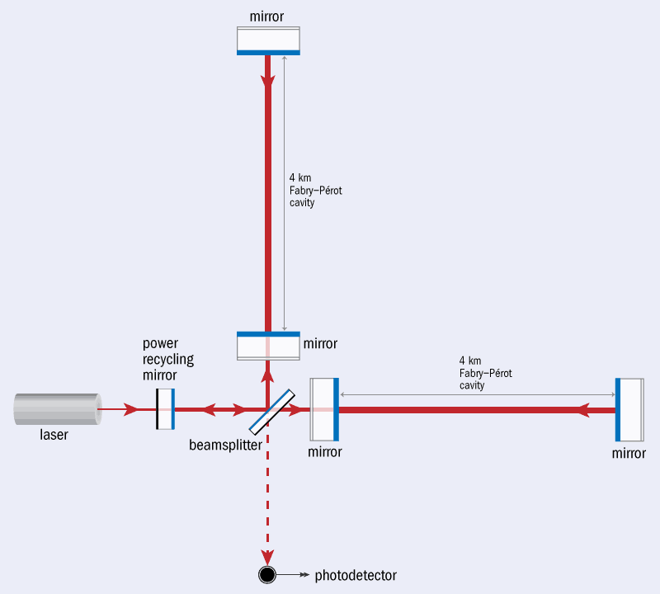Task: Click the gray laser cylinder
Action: [x=58, y=408]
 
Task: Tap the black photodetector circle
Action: [x=267, y=574]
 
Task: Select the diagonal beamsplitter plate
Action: [x=272, y=412]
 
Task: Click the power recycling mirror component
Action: [x=166, y=408]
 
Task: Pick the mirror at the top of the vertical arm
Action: [x=269, y=40]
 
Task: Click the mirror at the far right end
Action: [x=629, y=409]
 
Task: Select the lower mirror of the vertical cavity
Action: [x=269, y=346]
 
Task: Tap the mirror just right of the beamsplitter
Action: [x=324, y=409]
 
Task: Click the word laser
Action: [x=54, y=435]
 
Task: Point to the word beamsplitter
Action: [x=225, y=445]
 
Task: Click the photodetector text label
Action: [x=356, y=576]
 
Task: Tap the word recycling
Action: [x=168, y=360]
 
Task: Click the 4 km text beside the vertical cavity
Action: [x=300, y=177]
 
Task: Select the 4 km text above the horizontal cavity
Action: [x=470, y=361]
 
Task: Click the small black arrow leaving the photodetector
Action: [x=294, y=575]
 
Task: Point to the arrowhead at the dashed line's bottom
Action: [x=267, y=557]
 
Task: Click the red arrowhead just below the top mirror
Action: [x=267, y=80]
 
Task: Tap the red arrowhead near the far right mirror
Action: [x=582, y=409]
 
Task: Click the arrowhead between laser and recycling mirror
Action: [x=131, y=409]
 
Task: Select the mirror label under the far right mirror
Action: [x=629, y=453]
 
